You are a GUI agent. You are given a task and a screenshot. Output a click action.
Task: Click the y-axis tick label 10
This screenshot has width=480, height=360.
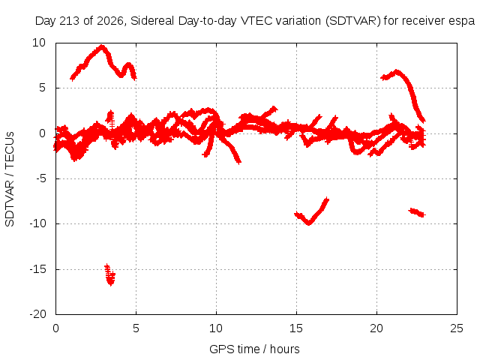tap(39, 43)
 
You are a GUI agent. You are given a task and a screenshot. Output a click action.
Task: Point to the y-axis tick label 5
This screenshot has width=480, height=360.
tap(42, 88)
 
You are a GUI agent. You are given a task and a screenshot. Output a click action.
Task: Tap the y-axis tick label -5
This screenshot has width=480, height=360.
tap(40, 178)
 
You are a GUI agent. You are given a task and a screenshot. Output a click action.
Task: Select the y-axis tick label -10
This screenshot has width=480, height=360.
tap(37, 223)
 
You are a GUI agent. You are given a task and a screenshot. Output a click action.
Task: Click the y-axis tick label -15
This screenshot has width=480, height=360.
tap(37, 269)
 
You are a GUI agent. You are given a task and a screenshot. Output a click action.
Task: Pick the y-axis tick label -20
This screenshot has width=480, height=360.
tap(37, 314)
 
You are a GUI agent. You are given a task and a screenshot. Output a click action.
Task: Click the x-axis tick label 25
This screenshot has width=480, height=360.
tap(457, 328)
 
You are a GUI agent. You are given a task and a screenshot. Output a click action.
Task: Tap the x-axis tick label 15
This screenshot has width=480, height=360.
tap(296, 328)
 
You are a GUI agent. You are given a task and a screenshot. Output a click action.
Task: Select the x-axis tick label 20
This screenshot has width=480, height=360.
tap(376, 328)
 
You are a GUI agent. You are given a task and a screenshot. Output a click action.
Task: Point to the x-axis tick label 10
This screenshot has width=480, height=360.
tap(216, 328)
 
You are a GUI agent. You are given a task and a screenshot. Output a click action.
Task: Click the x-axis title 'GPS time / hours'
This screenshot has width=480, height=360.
tap(254, 349)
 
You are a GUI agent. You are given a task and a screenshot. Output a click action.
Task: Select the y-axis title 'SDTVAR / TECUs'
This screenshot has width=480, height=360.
tap(10, 179)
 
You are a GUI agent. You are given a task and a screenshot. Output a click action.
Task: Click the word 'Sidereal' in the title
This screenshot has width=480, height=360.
tap(152, 21)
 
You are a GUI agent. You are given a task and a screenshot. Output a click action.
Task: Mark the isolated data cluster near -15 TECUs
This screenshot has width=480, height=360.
tap(109, 275)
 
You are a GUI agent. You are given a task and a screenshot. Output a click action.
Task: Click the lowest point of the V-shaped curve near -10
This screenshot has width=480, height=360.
tap(309, 223)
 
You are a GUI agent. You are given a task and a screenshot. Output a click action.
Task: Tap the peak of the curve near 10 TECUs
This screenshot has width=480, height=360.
tap(102, 46)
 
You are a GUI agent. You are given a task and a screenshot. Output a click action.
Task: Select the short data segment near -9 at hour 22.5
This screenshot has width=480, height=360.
tap(417, 212)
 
